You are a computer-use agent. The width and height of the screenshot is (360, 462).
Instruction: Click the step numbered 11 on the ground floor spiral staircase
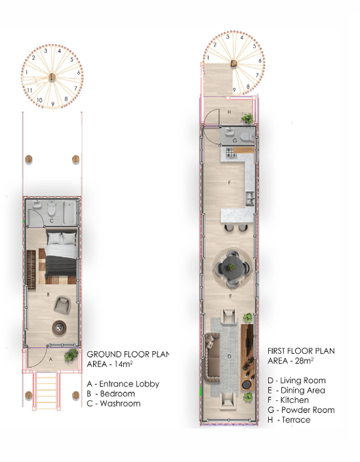click(30, 89)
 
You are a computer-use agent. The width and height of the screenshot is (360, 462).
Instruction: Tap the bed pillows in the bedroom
click(62, 238)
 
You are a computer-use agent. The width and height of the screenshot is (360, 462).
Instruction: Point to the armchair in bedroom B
click(63, 304)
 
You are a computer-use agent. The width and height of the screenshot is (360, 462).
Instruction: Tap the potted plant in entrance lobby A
click(70, 355)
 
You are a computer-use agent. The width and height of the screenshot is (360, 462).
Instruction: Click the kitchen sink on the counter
click(250, 195)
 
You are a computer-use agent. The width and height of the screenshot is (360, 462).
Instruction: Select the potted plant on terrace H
click(247, 118)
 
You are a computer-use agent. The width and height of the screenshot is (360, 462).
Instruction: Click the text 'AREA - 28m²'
click(290, 361)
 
